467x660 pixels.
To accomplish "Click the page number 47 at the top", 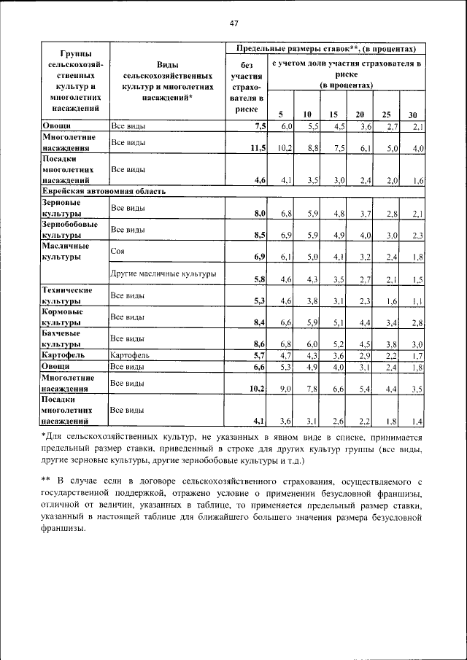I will pyautogui.click(x=233, y=23).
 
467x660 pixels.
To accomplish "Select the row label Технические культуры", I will pyautogui.click(x=66, y=295).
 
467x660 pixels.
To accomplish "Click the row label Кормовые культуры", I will pyautogui.click(x=62, y=317).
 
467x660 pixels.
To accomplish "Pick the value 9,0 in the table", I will pyautogui.click(x=285, y=389).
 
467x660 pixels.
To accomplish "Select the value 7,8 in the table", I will pyautogui.click(x=312, y=389).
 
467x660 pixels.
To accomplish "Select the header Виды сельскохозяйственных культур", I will pyautogui.click(x=168, y=80).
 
